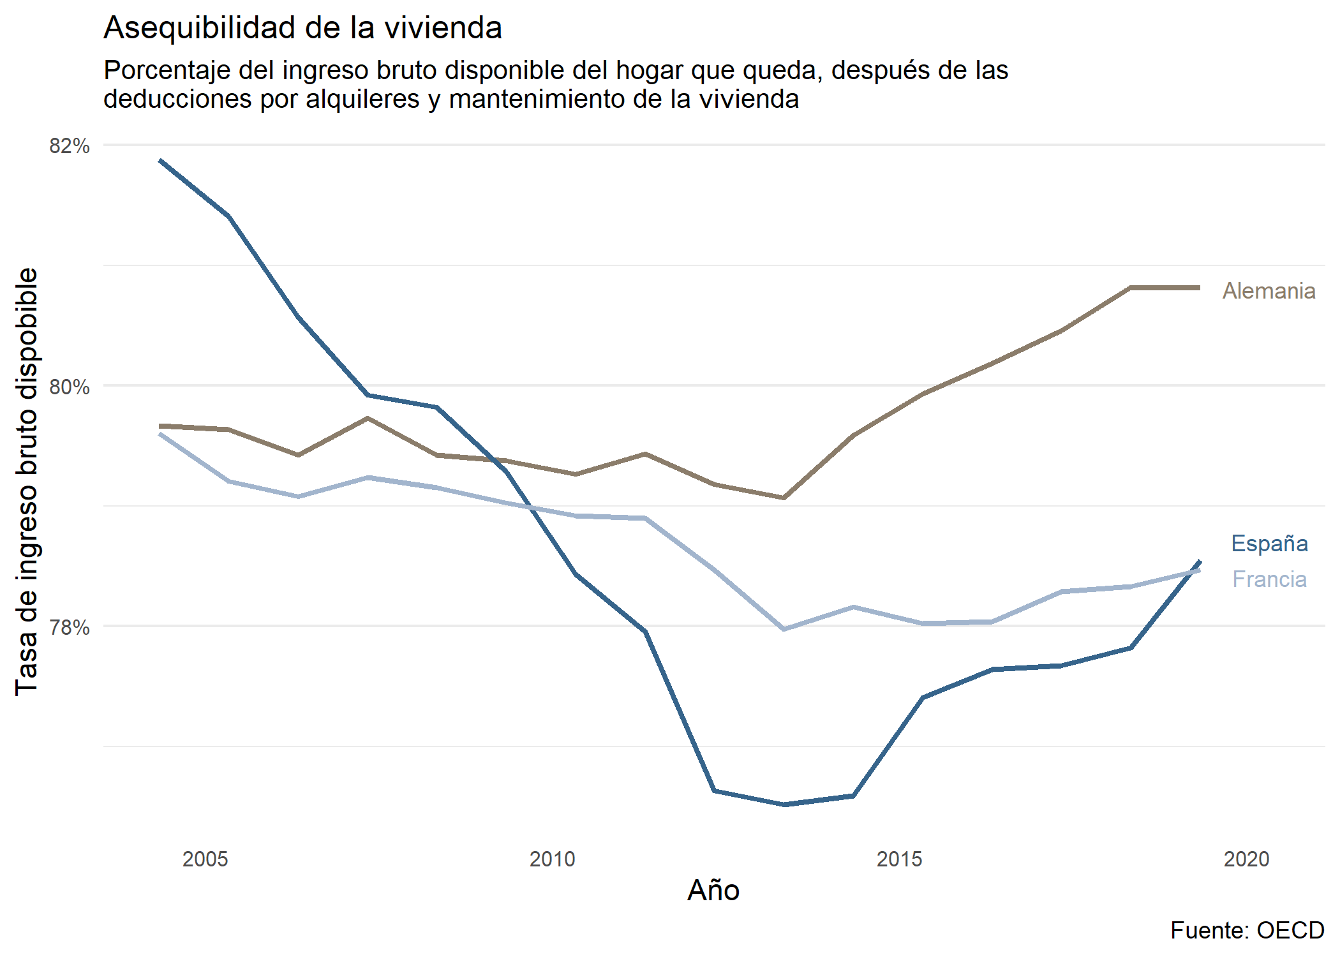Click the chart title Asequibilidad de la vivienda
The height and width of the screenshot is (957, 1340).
click(x=302, y=28)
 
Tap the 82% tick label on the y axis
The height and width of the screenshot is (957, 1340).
click(x=70, y=146)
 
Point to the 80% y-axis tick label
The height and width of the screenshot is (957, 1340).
click(x=70, y=387)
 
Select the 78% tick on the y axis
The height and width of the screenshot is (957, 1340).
click(x=70, y=627)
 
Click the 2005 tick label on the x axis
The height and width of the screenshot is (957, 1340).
click(x=205, y=859)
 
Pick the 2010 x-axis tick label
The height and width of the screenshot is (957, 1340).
click(x=552, y=859)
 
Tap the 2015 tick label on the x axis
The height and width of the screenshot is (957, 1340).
click(x=899, y=859)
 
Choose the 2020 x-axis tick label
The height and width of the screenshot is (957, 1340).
click(x=1246, y=859)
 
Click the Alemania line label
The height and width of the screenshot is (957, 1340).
click(x=1269, y=291)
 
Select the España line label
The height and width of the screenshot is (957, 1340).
click(x=1269, y=544)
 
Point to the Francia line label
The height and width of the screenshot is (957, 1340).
click(x=1269, y=579)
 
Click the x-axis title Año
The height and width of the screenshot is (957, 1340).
click(x=713, y=890)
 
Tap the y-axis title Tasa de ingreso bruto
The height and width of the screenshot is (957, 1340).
click(x=27, y=482)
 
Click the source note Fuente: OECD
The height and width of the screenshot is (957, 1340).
click(x=1247, y=930)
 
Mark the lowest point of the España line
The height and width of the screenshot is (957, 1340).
click(x=785, y=805)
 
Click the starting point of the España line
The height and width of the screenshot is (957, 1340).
click(x=160, y=160)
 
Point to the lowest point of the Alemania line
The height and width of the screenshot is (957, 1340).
click(x=784, y=498)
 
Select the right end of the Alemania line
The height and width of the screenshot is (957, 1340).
click(x=1200, y=288)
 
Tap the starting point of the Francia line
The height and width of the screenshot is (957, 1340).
click(x=160, y=434)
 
